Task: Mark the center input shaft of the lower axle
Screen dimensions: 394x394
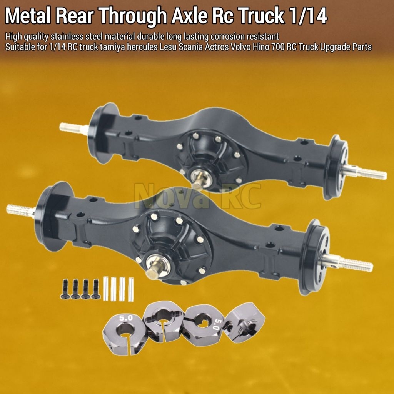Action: coord(154,268)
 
